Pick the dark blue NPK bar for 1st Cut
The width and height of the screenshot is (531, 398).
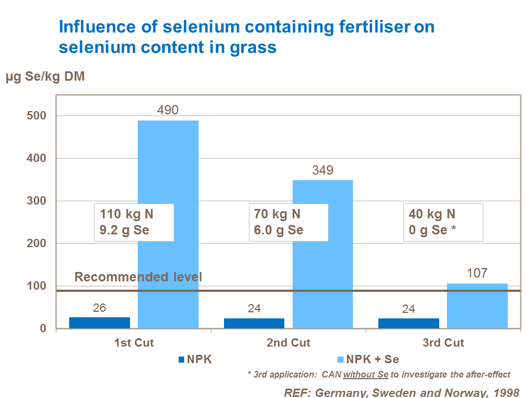(100, 323)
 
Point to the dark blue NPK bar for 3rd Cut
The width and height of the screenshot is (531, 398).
(408, 323)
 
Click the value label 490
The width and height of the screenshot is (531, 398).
(168, 110)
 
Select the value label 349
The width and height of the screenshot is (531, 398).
(322, 170)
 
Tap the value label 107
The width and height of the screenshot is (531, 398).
(477, 273)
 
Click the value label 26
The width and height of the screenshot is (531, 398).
(100, 308)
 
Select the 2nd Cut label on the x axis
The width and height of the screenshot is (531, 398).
(288, 343)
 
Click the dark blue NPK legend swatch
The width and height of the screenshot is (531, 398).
(182, 359)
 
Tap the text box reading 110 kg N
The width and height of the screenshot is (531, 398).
(134, 222)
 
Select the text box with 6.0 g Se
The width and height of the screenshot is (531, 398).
(288, 222)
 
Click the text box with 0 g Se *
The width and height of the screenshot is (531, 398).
(443, 222)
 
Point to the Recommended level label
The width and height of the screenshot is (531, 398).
(138, 277)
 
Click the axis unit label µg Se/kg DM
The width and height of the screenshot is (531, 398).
(45, 77)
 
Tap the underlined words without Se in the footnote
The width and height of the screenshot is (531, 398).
(366, 374)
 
